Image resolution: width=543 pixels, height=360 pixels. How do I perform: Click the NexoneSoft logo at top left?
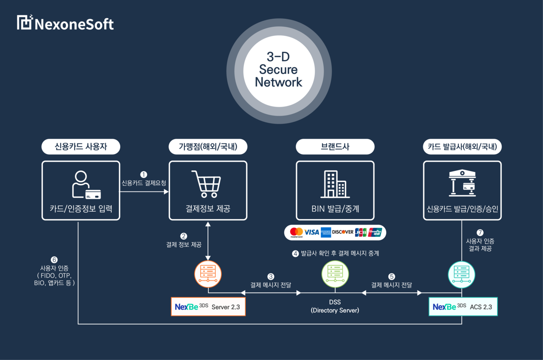pos(65,23)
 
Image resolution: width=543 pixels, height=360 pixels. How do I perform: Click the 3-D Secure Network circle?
pos(279,70)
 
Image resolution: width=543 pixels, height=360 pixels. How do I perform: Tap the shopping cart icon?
pos(206,184)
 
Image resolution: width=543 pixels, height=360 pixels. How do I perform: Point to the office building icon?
pos(335,184)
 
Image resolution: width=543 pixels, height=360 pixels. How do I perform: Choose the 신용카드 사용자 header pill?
pos(81,147)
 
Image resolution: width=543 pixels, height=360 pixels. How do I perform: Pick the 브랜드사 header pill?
pos(335,147)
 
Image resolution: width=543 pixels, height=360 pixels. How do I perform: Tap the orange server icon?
pos(208,273)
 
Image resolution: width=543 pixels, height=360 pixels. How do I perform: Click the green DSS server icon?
pos(335,273)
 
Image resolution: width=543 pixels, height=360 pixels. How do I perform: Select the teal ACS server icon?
pos(462,274)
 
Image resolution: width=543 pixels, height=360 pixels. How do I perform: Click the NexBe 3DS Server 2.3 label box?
pos(208,307)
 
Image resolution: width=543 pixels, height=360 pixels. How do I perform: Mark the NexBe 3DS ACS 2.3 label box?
pos(463,307)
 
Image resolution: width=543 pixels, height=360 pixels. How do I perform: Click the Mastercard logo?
pos(297,232)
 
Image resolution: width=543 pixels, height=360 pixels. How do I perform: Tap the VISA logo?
pos(312,232)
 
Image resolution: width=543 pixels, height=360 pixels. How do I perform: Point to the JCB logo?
pos(361,232)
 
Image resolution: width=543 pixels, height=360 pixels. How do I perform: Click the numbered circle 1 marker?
pos(144,174)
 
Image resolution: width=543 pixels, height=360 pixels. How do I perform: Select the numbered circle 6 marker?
pos(54,259)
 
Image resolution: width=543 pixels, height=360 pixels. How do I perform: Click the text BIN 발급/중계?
pos(335,209)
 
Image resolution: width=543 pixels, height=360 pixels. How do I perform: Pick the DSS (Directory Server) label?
pos(335,306)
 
